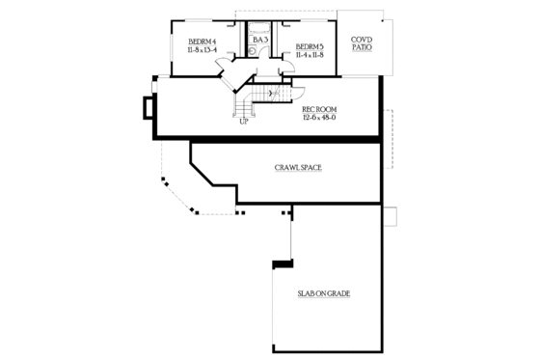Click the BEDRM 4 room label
coord(201,42)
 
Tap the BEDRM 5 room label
coord(308,46)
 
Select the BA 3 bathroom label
coord(258,40)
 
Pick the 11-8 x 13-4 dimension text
coord(201,50)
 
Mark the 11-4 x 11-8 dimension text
coord(308,55)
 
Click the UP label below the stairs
coord(243,122)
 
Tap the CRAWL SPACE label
coord(297,168)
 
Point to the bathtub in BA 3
coord(258,28)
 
